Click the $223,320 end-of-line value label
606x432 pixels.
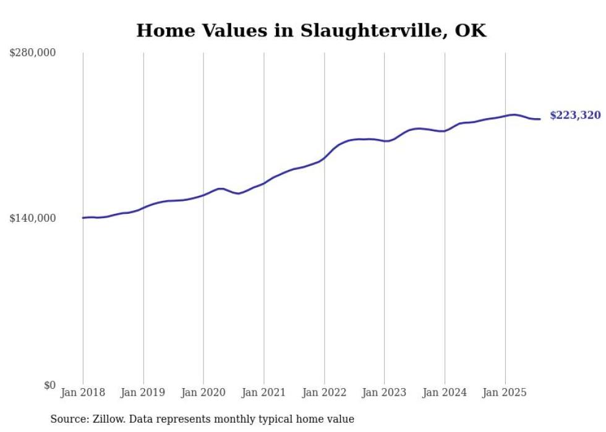pyautogui.click(x=574, y=116)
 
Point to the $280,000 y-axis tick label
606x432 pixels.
pyautogui.click(x=33, y=53)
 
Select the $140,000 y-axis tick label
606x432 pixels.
pyautogui.click(x=33, y=218)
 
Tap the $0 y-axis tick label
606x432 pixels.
pyautogui.click(x=49, y=385)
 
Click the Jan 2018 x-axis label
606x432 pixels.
pyautogui.click(x=83, y=392)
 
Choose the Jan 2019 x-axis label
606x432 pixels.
pyautogui.click(x=143, y=392)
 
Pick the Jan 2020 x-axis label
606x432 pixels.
pyautogui.click(x=203, y=392)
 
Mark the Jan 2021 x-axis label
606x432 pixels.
pyautogui.click(x=264, y=392)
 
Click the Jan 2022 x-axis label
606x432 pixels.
pyautogui.click(x=324, y=392)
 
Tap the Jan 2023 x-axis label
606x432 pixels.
pyautogui.click(x=384, y=392)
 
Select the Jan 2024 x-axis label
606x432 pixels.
pyautogui.click(x=445, y=392)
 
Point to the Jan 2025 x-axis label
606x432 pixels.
pyautogui.click(x=505, y=392)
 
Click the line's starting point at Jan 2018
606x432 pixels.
pyautogui.click(x=83, y=218)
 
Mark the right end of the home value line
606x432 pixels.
pyautogui.click(x=540, y=119)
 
